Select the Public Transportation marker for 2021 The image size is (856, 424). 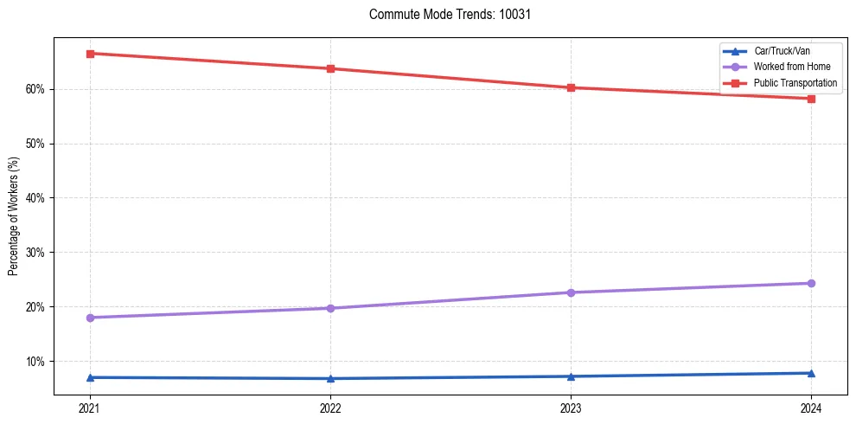point(90,54)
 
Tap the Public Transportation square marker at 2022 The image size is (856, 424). point(330,68)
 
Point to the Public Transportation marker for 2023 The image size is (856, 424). point(571,87)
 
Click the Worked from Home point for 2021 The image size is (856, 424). point(90,318)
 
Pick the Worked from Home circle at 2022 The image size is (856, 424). point(330,308)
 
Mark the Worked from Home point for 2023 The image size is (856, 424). point(571,292)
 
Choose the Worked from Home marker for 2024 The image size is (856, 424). point(811,283)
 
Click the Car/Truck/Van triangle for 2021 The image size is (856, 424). point(90,377)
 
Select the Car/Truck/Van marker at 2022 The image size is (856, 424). point(330,378)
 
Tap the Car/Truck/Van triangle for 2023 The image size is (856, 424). point(571,376)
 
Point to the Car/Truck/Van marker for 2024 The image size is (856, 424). point(811,373)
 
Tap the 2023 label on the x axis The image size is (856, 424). point(571,408)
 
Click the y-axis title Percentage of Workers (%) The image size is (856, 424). point(13,216)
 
